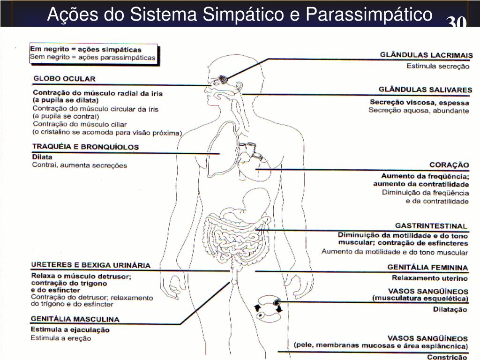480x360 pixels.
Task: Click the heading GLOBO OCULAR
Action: pyautogui.click(x=64, y=78)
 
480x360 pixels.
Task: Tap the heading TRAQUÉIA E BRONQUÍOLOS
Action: pyautogui.click(x=85, y=146)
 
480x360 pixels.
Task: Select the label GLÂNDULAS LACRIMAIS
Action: pyautogui.click(x=426, y=55)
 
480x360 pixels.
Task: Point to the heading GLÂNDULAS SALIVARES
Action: pyautogui.click(x=425, y=89)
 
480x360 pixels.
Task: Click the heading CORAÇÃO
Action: pyautogui.click(x=449, y=165)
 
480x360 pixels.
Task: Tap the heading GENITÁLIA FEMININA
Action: pyautogui.click(x=427, y=267)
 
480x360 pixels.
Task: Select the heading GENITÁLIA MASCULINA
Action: pyautogui.click(x=75, y=319)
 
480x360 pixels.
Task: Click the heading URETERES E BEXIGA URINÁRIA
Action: pyautogui.click(x=90, y=265)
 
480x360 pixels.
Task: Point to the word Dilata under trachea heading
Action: pyautogui.click(x=42, y=157)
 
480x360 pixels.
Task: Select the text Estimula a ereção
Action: pyautogui.click(x=61, y=338)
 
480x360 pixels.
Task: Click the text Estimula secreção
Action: pyautogui.click(x=437, y=66)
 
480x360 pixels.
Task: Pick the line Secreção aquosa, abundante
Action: pyautogui.click(x=419, y=111)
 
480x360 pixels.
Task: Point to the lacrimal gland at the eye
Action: pyautogui.click(x=224, y=78)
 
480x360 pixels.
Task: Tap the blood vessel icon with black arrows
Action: pyautogui.click(x=268, y=307)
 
